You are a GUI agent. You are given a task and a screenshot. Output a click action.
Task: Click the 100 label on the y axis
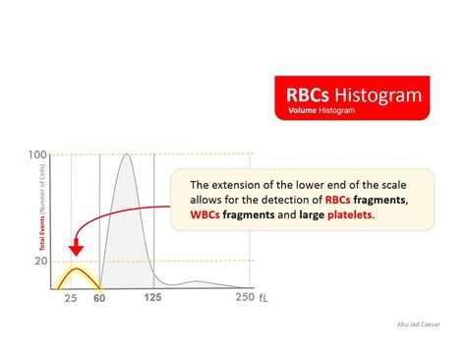pos(36,154)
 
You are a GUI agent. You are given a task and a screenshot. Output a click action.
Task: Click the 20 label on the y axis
pos(39,261)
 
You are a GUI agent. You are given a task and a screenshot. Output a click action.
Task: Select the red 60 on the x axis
pos(98,298)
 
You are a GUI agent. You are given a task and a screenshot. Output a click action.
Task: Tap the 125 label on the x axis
pos(152,298)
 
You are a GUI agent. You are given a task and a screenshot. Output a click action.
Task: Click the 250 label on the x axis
pos(244,298)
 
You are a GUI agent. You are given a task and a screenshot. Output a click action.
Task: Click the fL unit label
pos(263,298)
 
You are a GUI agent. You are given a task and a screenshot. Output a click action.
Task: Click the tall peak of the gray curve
pos(125,155)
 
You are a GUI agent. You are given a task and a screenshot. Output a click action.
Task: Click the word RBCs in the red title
pos(308,94)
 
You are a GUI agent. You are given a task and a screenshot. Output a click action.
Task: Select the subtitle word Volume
pos(306,111)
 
